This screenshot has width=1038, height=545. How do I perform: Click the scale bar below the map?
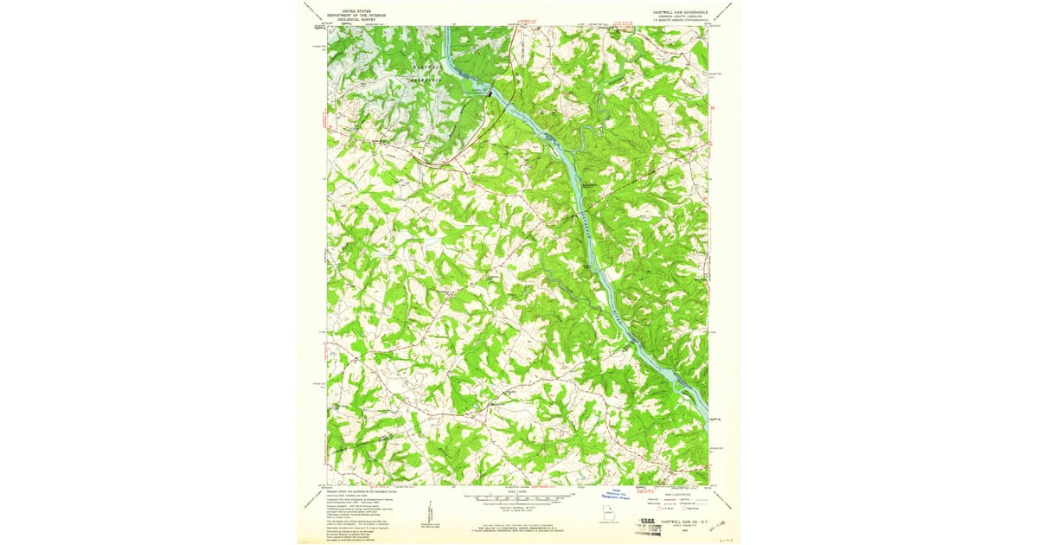click(518, 499)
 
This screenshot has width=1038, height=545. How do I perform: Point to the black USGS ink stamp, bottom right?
click(657, 524)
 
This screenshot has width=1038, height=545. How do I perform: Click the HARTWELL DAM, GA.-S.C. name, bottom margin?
click(679, 522)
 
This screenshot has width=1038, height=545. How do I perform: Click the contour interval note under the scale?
click(518, 510)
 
